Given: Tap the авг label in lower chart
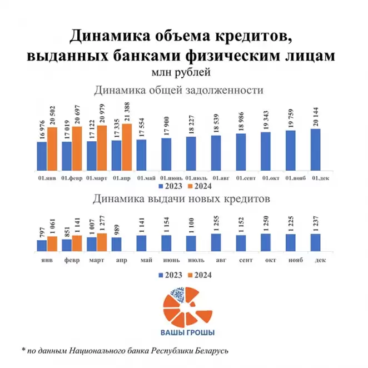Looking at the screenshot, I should tap(216, 260).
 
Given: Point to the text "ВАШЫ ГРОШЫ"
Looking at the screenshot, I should tap(184, 333).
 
